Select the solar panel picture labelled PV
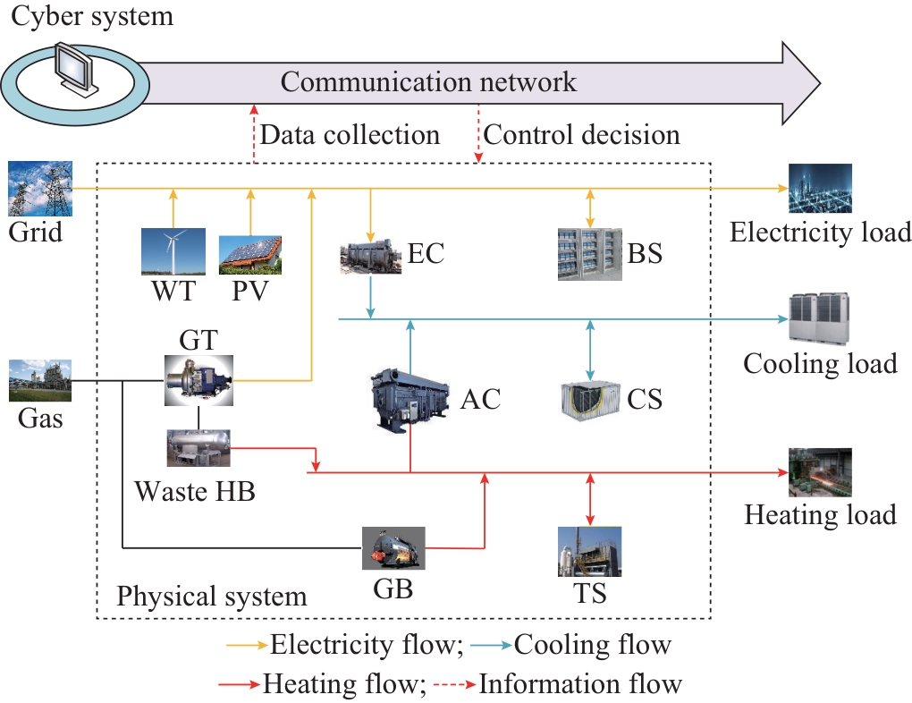click(250, 254)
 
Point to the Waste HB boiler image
click(198, 447)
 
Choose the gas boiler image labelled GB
click(393, 547)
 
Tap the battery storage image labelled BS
click(590, 254)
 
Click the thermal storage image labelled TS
click(590, 551)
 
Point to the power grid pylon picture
click(38, 191)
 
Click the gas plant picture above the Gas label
click(38, 380)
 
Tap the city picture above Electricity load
click(820, 189)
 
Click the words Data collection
click(350, 135)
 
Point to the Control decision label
click(581, 135)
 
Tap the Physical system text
click(212, 596)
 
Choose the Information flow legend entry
click(580, 684)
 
